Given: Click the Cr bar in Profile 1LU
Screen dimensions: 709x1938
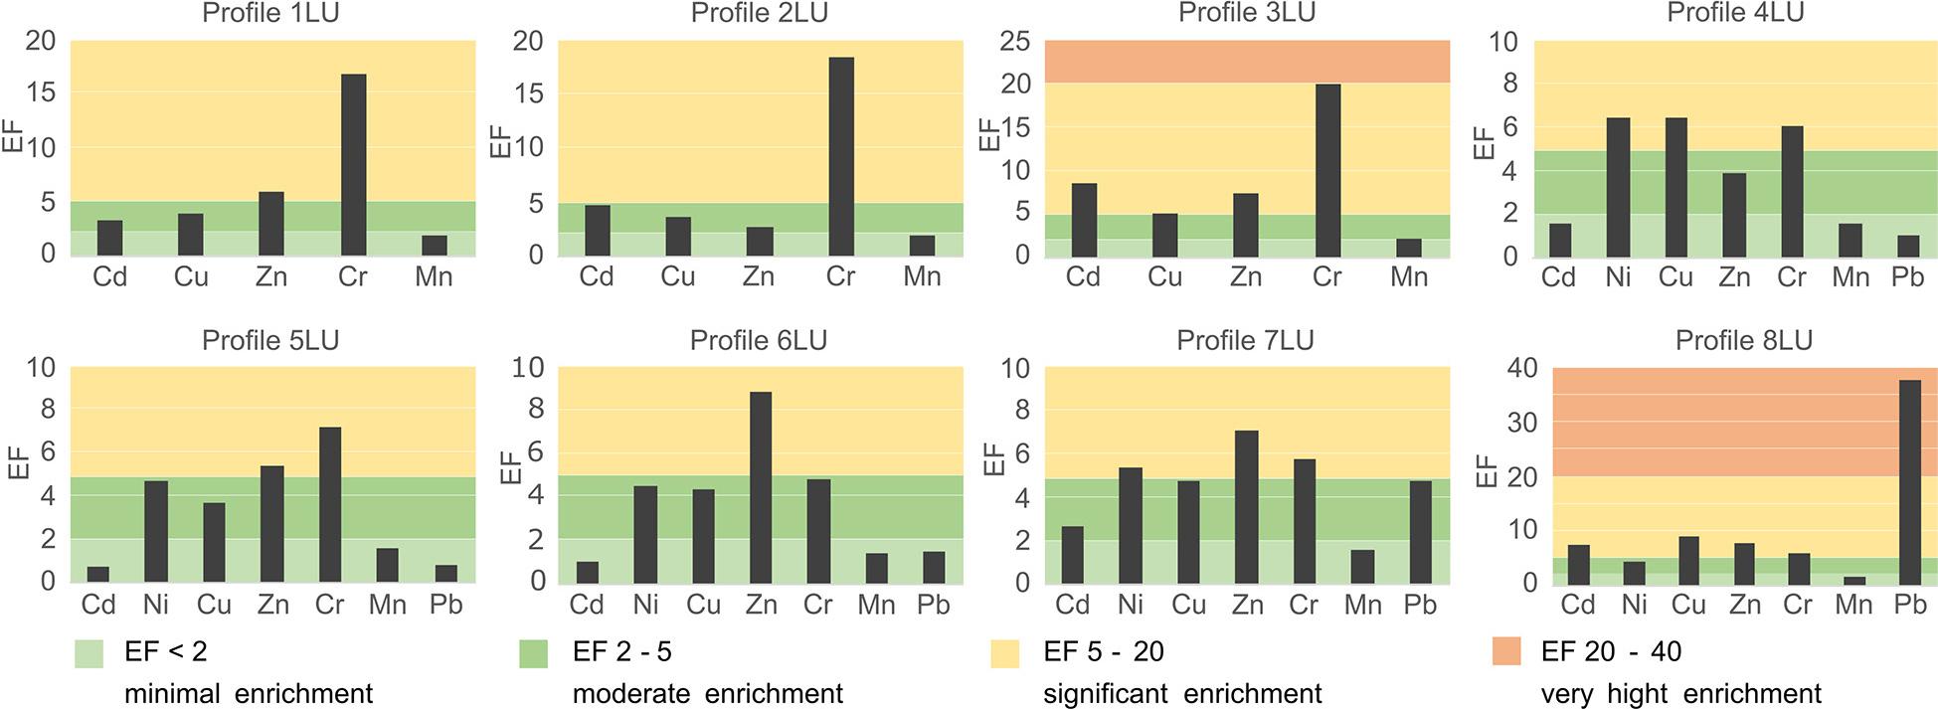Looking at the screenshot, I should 353,165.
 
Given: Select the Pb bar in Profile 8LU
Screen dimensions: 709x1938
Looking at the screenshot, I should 1910,481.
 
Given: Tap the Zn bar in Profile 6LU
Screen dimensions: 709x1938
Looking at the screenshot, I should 761,487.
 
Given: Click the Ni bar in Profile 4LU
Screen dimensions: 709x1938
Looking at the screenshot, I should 1618,188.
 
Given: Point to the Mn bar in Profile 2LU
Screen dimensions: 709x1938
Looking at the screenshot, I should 922,246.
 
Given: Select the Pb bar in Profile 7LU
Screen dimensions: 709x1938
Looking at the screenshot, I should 1419,532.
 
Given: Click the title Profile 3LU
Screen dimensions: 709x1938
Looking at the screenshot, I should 1246,13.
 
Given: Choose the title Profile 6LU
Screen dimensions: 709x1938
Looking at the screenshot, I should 758,340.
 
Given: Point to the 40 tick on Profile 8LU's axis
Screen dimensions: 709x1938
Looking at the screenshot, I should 1521,368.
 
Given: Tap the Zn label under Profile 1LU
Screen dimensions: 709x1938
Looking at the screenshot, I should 271,276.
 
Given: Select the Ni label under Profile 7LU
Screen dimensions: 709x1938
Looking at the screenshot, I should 1131,604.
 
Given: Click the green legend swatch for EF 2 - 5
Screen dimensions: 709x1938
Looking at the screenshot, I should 534,653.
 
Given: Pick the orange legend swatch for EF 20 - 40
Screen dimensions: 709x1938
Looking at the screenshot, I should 1506,652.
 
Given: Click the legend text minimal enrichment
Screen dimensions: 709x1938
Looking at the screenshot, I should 249,694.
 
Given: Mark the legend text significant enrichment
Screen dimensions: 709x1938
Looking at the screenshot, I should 1182,694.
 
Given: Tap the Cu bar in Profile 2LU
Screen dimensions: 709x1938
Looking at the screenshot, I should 678,236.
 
